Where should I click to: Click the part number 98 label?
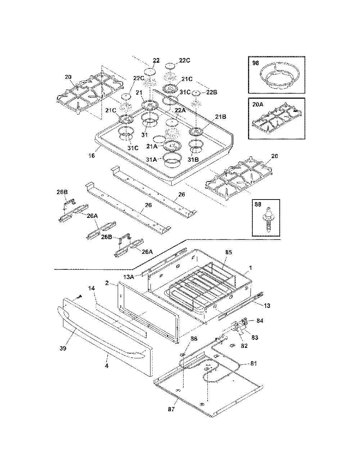pyautogui.click(x=256, y=63)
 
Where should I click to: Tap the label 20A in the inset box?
pyautogui.click(x=258, y=104)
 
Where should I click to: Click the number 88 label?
pyautogui.click(x=258, y=205)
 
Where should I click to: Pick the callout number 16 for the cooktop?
pyautogui.click(x=92, y=155)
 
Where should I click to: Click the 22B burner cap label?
pyautogui.click(x=212, y=92)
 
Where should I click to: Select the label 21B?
pyautogui.click(x=220, y=117)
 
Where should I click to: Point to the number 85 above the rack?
pyautogui.click(x=229, y=252)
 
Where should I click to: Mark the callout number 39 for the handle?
pyautogui.click(x=63, y=348)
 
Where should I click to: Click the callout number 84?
pyautogui.click(x=260, y=321)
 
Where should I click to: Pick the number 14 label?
pyautogui.click(x=91, y=288)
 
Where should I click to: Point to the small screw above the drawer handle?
pyautogui.click(x=79, y=297)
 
